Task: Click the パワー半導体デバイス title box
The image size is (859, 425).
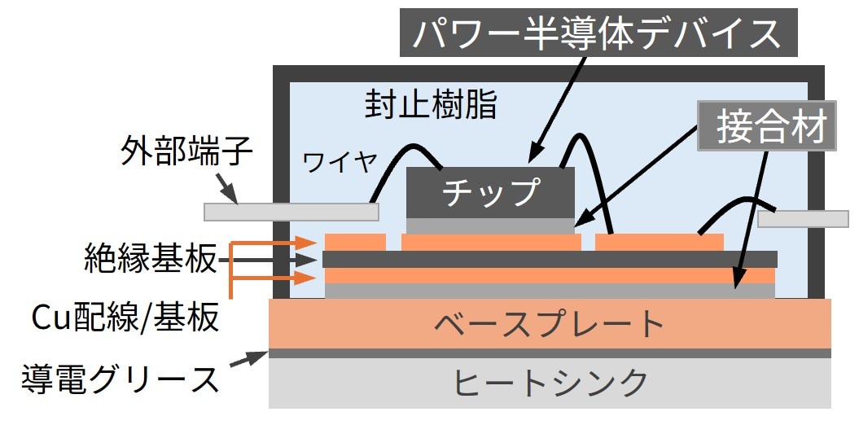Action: pyautogui.click(x=598, y=33)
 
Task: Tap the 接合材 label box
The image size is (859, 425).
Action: pyautogui.click(x=766, y=125)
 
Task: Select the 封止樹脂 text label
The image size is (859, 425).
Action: pyautogui.click(x=431, y=106)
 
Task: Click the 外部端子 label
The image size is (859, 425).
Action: pyautogui.click(x=186, y=155)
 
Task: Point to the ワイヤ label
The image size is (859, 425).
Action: pyautogui.click(x=340, y=163)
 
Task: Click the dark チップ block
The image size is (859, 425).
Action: pyautogui.click(x=490, y=193)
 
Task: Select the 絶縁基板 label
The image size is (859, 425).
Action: pyautogui.click(x=151, y=259)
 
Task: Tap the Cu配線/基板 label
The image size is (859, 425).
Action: pyautogui.click(x=125, y=318)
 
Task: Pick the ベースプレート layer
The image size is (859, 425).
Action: pyautogui.click(x=550, y=324)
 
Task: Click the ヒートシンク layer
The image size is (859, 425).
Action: pyautogui.click(x=550, y=383)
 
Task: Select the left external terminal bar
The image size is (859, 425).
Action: pyautogui.click(x=291, y=212)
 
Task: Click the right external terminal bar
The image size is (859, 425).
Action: pyautogui.click(x=803, y=219)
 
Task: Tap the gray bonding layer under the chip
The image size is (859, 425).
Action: pyautogui.click(x=490, y=226)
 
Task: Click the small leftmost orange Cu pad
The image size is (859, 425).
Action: pyautogui.click(x=355, y=242)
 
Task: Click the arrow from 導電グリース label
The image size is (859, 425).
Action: pyautogui.click(x=248, y=359)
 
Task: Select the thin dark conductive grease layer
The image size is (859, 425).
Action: pyautogui.click(x=550, y=353)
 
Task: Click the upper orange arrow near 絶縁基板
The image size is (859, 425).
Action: pyautogui.click(x=274, y=243)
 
